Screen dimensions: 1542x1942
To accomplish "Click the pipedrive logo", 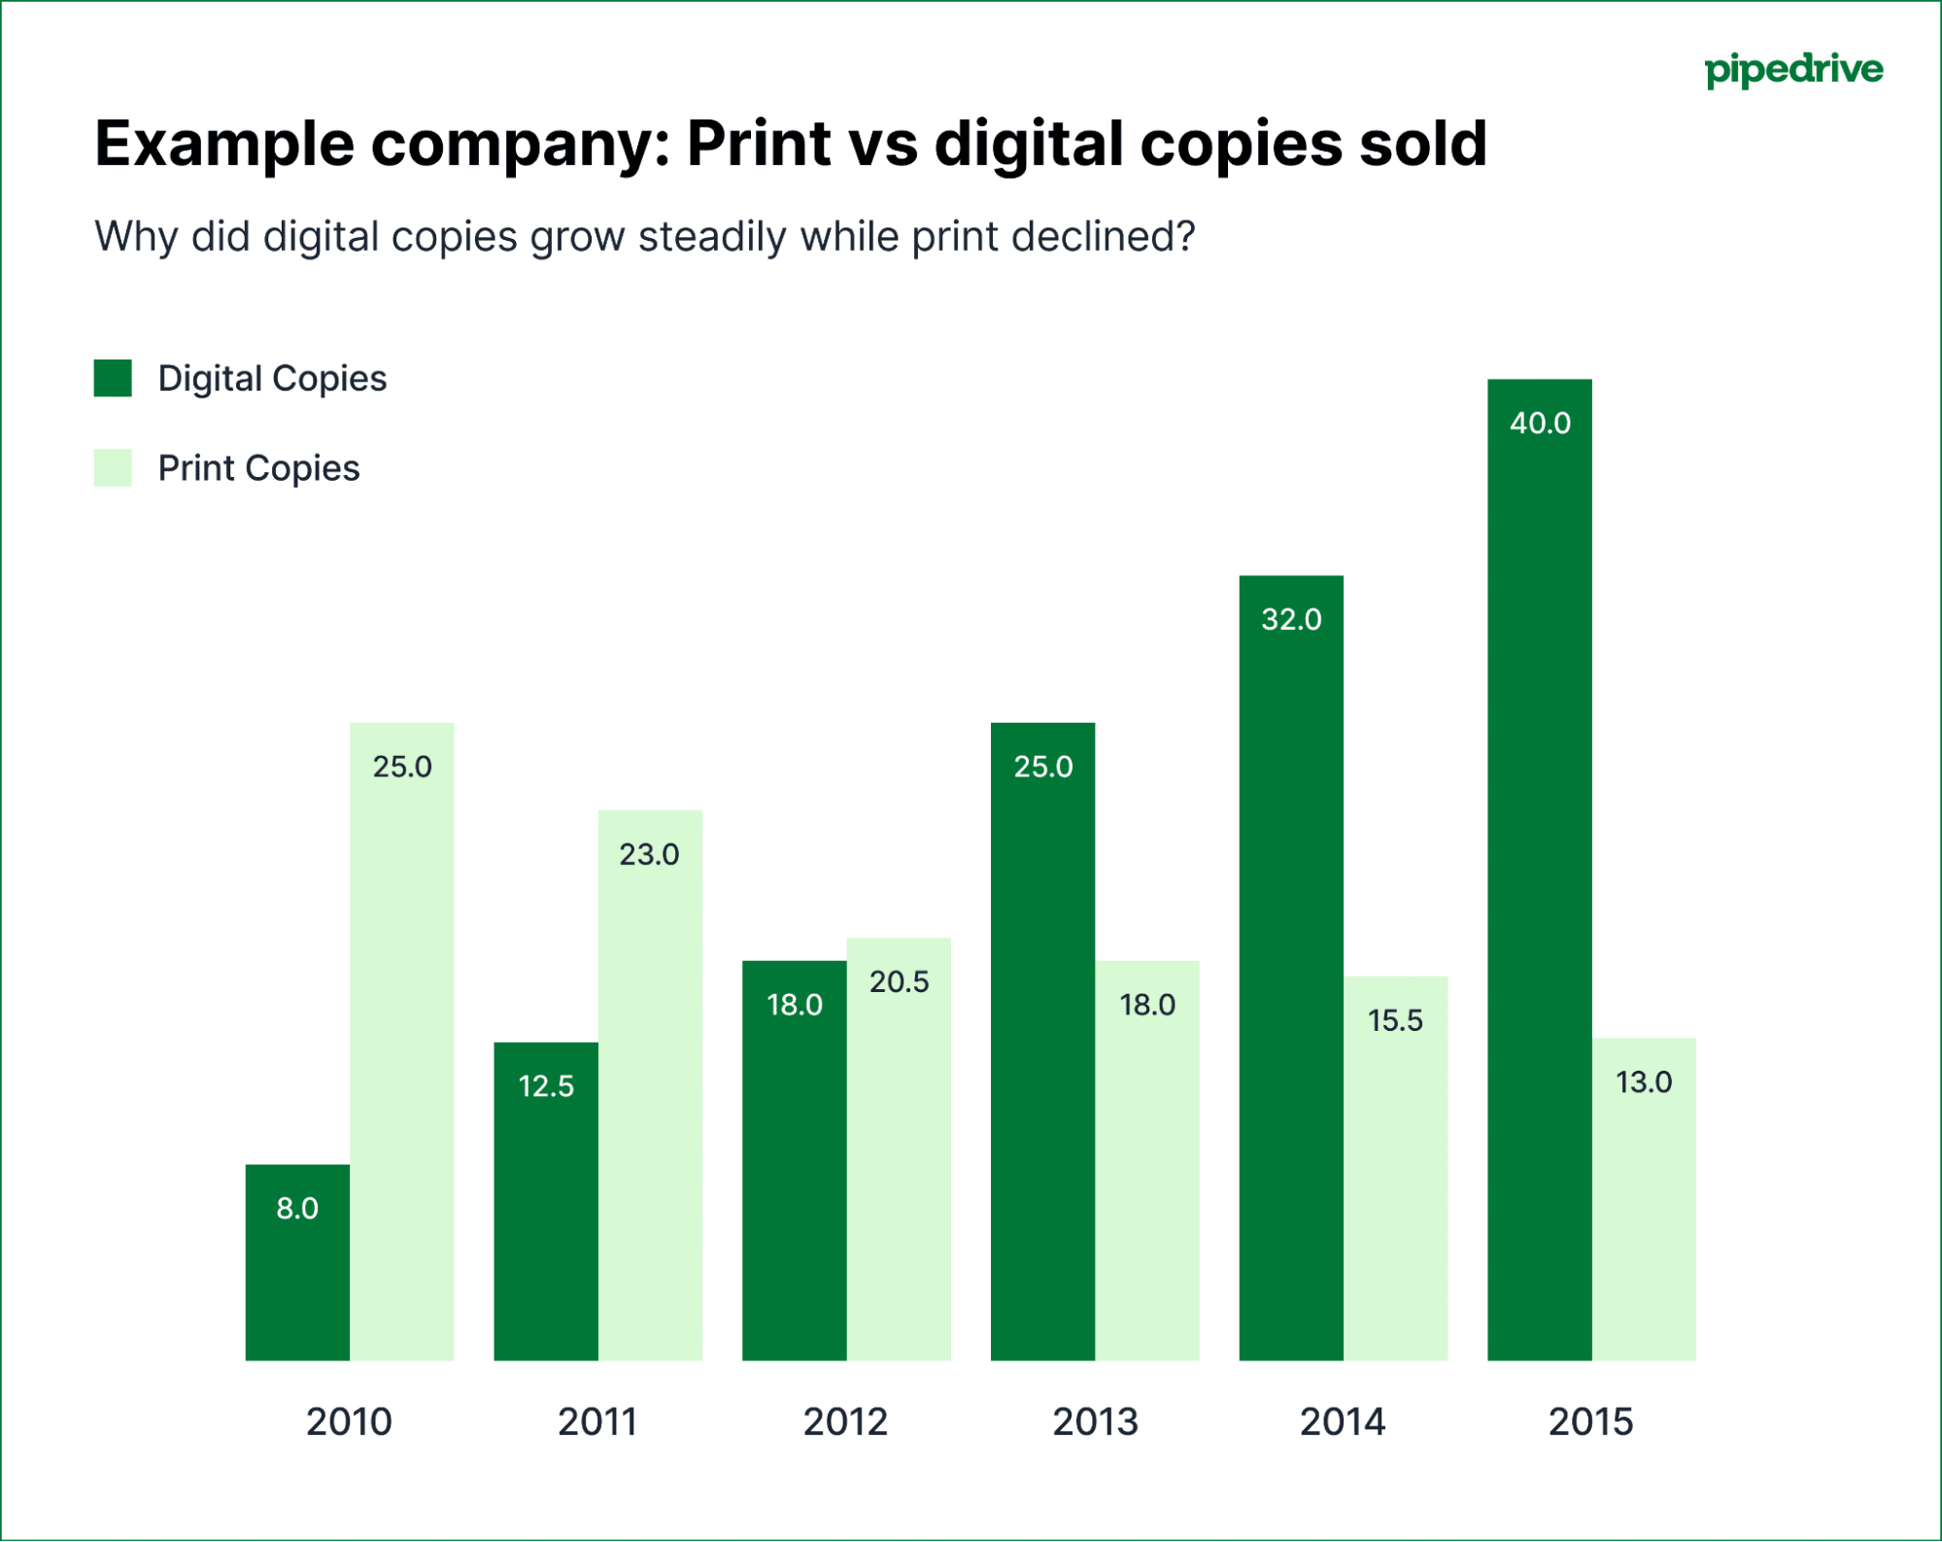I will coord(1793,70).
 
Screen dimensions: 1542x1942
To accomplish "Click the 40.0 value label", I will coord(1540,424).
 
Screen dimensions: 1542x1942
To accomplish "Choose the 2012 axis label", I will coord(845,1422).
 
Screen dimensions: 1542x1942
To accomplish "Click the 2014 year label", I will coord(1343,1422).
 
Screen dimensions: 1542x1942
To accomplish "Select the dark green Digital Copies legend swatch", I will coord(113,378).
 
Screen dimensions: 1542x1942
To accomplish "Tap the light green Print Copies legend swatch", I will coord(113,468).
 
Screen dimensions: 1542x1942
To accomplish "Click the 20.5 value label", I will coord(899,982).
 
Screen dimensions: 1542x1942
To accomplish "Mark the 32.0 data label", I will coord(1291,620).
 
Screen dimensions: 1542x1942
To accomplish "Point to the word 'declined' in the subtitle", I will coord(1102,237).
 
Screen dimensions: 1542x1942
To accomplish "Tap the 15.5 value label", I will coord(1395,1021).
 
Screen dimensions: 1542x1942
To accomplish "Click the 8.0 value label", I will coord(297,1209).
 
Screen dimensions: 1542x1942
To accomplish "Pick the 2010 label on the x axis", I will coord(349,1422).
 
